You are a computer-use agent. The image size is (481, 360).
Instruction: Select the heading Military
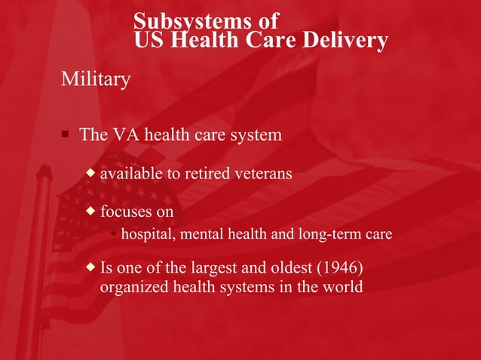coord(96,78)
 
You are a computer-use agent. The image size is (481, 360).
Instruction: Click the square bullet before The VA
coord(66,135)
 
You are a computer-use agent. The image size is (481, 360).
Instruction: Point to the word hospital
coord(146,234)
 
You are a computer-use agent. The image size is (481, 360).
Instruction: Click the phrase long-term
coord(328,234)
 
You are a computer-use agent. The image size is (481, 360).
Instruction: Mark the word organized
coord(133,287)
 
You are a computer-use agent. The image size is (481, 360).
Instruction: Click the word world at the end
coord(344,287)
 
